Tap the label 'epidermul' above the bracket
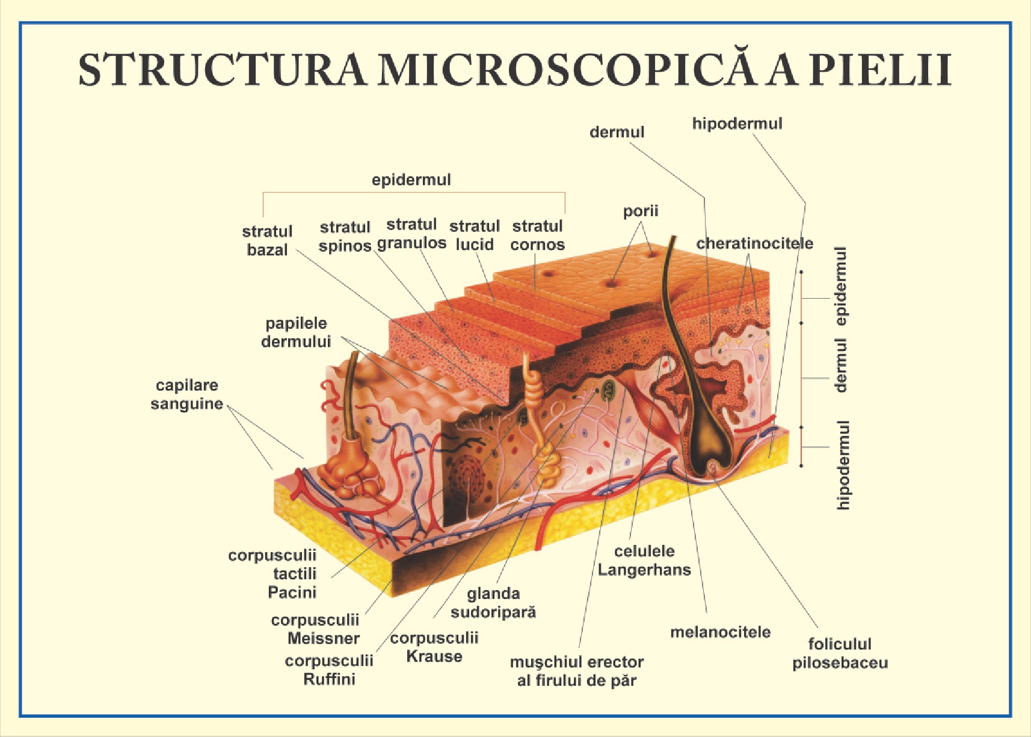pos(411,179)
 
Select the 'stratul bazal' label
pos(267,240)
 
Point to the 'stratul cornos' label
pos(537,235)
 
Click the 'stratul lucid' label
pos(474,235)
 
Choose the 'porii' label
pos(640,211)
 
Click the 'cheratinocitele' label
pos(754,243)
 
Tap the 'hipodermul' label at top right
pos(737,123)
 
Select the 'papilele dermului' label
pos(296,332)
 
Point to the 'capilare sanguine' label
pos(186,394)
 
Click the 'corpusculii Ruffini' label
pos(329,670)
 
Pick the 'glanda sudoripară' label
pos(493,603)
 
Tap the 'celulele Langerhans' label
pos(644,560)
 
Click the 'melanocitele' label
pos(720,632)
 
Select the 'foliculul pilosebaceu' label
pos(840,653)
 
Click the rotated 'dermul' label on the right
pos(841,365)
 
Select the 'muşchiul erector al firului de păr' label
pos(576,671)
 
